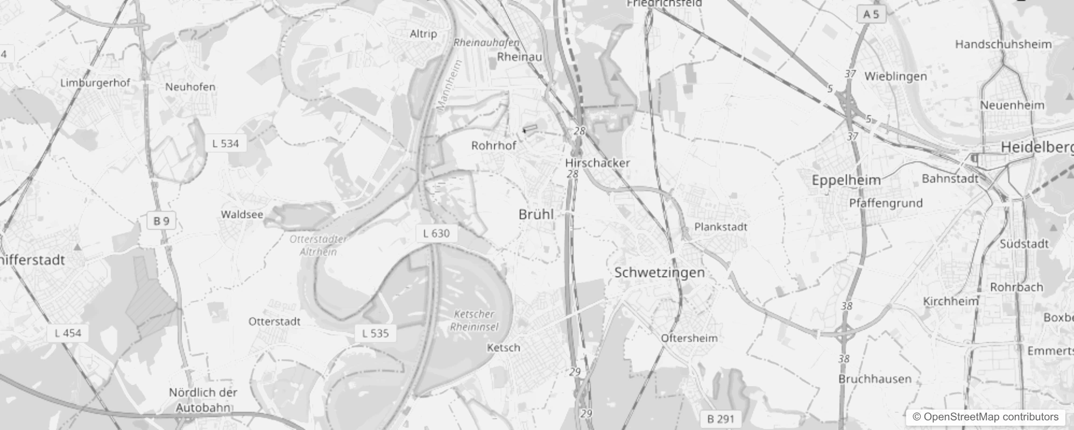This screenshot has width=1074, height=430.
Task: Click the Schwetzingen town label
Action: (659, 273)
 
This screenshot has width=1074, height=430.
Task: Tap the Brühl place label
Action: (536, 214)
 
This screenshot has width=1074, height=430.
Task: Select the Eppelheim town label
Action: (846, 180)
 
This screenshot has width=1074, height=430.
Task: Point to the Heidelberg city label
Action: (1036, 147)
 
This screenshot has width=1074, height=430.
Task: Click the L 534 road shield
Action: (225, 144)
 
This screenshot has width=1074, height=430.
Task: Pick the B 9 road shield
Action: (161, 221)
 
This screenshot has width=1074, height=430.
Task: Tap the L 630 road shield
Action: (436, 233)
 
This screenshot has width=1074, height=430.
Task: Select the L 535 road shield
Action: (376, 333)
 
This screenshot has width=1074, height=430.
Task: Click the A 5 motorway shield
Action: (871, 15)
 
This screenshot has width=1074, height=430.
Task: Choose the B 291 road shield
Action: (720, 419)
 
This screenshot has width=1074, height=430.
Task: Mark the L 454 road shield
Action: (68, 333)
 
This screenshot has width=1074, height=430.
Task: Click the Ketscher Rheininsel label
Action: (474, 320)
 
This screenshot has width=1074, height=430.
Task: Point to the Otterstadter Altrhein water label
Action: (318, 245)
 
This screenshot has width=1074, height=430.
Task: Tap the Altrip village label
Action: (423, 34)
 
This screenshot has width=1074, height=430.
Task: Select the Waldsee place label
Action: (242, 214)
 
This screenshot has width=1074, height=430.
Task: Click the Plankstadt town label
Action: (720, 227)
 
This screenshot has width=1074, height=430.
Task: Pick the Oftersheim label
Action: (689, 338)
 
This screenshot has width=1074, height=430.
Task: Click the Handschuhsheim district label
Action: (1003, 45)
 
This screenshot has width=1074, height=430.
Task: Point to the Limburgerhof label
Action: (95, 83)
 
